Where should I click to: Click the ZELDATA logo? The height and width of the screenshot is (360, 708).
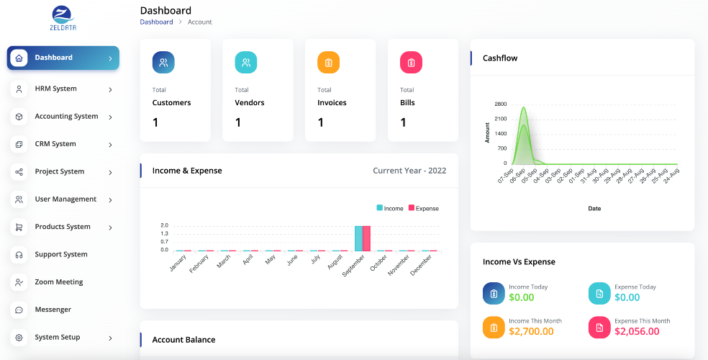tap(63, 18)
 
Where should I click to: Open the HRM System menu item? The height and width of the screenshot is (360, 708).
tap(55, 89)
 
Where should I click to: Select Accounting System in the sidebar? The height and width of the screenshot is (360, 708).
tap(66, 116)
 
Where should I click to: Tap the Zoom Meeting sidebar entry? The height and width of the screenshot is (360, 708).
tap(59, 282)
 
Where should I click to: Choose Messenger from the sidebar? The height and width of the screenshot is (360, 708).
tap(53, 310)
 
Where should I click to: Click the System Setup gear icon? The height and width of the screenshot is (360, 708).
tap(19, 338)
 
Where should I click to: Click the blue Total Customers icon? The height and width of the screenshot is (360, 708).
tap(163, 63)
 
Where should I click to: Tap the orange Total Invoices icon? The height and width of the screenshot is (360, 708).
tap(328, 63)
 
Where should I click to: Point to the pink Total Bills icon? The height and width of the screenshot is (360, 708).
tap(411, 63)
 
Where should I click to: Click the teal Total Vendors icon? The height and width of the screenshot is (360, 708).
tap(246, 63)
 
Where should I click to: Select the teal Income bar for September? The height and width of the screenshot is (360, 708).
tap(358, 238)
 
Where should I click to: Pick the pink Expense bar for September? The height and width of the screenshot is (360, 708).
tap(367, 238)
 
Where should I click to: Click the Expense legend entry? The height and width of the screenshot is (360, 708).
tap(424, 208)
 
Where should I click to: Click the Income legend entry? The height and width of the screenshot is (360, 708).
tap(390, 208)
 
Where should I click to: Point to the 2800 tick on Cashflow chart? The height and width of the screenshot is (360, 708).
tap(501, 104)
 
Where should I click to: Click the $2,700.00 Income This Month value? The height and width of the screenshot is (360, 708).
tap(531, 331)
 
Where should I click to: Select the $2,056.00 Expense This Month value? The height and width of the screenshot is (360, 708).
tap(637, 331)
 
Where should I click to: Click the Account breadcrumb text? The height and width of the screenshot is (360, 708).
tap(199, 22)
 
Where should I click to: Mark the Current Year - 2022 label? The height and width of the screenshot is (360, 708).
tap(409, 171)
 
